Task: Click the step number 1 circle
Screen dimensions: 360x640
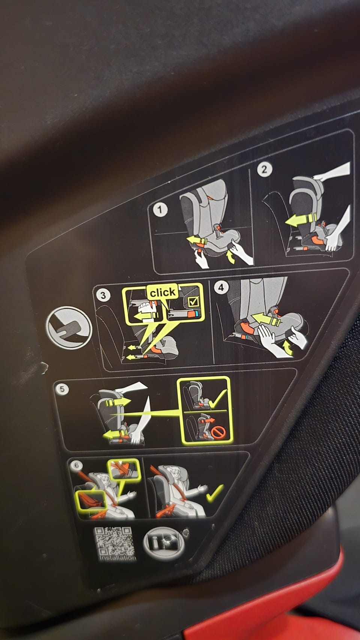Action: tap(160, 210)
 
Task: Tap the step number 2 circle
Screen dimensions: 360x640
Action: tap(264, 170)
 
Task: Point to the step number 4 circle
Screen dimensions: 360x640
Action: tap(221, 287)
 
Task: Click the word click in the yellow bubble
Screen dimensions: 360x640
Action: tap(163, 292)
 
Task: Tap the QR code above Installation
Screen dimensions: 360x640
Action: tap(113, 541)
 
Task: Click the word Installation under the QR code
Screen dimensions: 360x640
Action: tap(118, 557)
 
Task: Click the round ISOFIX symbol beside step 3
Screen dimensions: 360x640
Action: tap(69, 328)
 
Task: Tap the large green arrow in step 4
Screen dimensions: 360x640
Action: tap(265, 319)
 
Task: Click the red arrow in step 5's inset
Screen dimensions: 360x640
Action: tap(207, 421)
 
